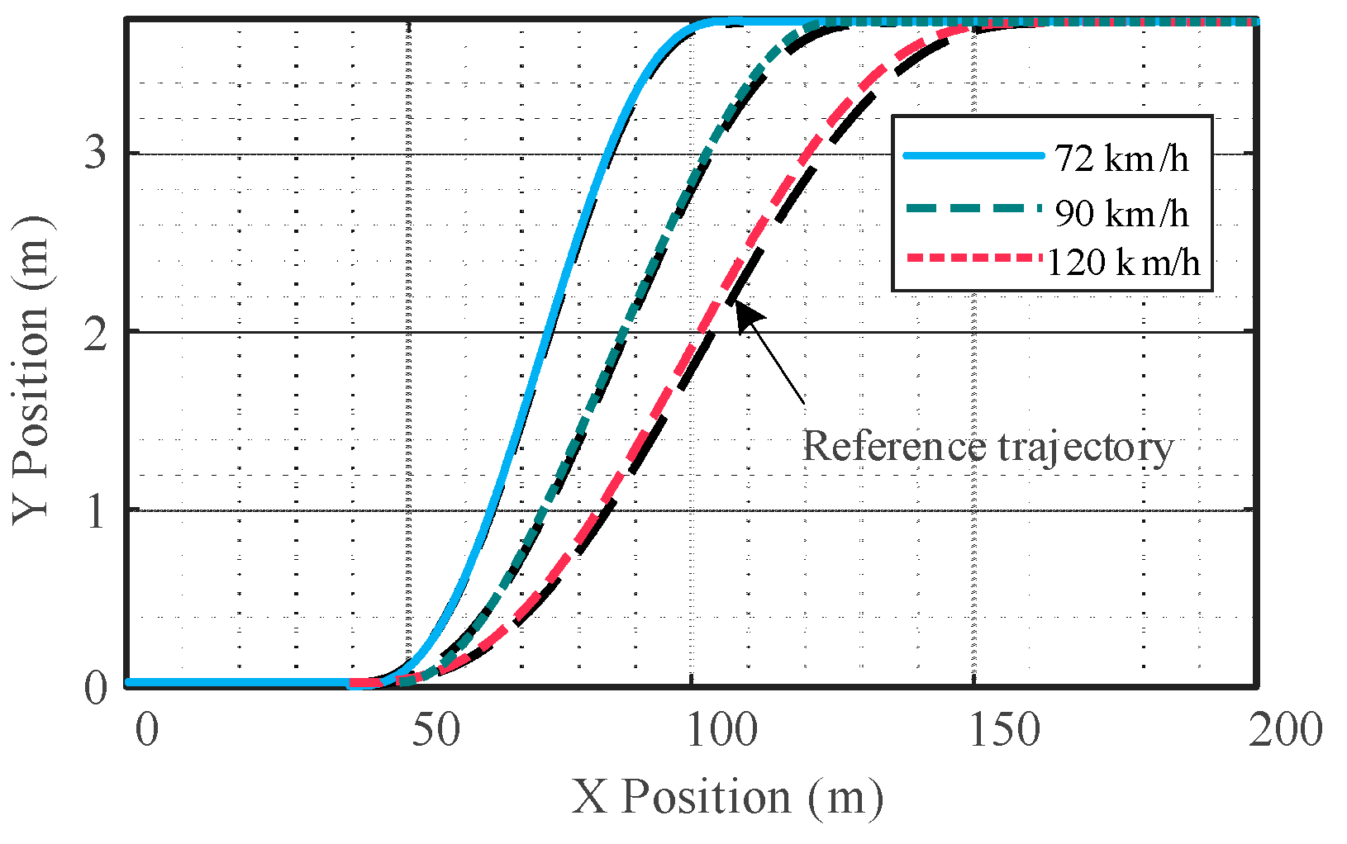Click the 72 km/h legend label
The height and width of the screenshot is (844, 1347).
[x=1121, y=158]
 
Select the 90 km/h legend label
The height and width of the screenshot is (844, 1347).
[x=1121, y=213]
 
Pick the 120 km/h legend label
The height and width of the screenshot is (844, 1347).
[x=1123, y=263]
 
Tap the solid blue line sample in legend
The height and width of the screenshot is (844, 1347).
[x=973, y=155]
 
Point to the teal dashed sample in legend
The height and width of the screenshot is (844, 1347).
[x=973, y=209]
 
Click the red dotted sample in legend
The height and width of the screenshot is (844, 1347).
[x=973, y=258]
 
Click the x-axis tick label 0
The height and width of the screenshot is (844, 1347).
[x=146, y=730]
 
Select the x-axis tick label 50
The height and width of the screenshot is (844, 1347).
[x=436, y=730]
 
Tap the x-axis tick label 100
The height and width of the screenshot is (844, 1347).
[x=724, y=730]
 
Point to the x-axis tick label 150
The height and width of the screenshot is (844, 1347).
[x=1004, y=730]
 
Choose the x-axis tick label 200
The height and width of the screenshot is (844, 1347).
[x=1286, y=730]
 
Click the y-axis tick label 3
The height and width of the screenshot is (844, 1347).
[x=97, y=154]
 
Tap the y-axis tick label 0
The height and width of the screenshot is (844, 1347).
[x=97, y=687]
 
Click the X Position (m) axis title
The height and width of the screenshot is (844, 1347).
[x=727, y=798]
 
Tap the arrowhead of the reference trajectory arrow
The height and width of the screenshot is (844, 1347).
[x=744, y=312]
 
